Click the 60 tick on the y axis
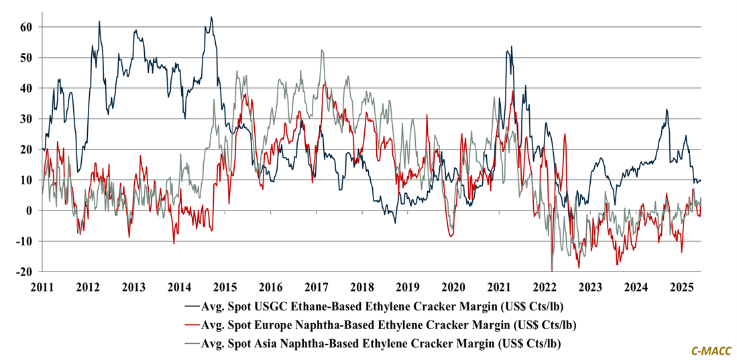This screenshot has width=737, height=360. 25,27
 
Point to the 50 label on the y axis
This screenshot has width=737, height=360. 25,58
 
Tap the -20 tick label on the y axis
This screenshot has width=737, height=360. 23,272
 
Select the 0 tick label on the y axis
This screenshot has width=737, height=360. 29,211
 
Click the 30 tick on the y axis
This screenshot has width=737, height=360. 25,119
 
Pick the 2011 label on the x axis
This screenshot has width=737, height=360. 42,287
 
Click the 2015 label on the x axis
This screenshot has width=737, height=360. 225,287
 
